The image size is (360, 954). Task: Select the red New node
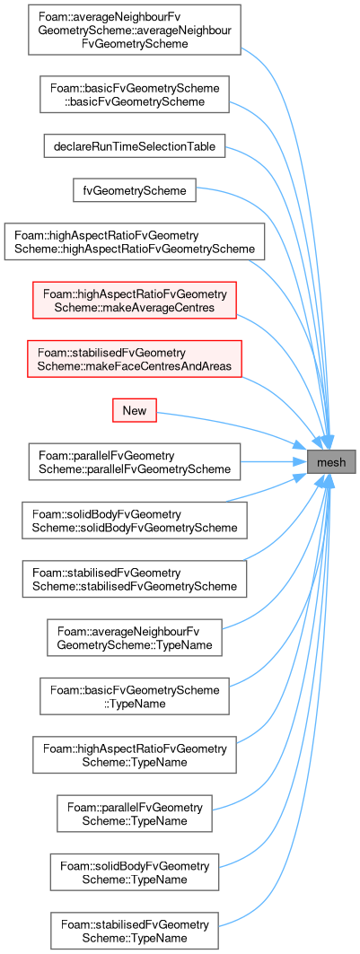(x=135, y=410)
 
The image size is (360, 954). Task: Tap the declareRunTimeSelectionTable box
(x=135, y=146)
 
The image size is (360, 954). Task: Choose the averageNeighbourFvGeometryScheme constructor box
(x=135, y=30)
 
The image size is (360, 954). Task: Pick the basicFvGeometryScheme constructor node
(x=135, y=93)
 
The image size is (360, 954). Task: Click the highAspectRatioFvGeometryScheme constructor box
(x=135, y=241)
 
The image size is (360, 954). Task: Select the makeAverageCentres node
(x=135, y=300)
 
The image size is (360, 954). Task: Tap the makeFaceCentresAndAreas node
(x=135, y=359)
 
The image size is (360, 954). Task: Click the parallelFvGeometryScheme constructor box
(x=135, y=462)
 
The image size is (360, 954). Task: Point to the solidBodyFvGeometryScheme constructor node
(x=135, y=521)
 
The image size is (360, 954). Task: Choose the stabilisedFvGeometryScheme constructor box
(x=135, y=579)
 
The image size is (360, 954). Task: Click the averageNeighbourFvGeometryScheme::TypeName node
(x=135, y=637)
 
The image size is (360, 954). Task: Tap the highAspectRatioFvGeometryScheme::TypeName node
(x=135, y=755)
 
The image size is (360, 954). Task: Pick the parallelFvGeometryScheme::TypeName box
(x=135, y=813)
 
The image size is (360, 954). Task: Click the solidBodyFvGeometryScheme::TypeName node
(x=135, y=871)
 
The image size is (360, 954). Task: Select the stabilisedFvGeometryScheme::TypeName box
(x=135, y=930)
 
